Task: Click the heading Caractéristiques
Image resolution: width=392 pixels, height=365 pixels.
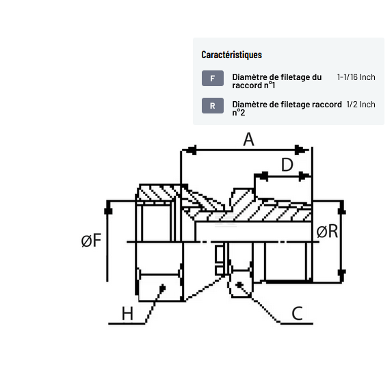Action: (231, 55)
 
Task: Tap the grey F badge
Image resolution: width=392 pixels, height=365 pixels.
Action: (213, 79)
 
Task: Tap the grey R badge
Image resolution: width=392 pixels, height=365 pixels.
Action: (213, 106)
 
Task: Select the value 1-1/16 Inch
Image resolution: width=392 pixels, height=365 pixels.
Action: (356, 77)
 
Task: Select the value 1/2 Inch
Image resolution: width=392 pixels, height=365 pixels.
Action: (361, 105)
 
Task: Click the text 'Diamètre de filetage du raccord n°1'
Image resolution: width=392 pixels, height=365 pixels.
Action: (277, 81)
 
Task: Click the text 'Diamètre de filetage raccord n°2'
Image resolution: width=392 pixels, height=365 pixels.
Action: (287, 109)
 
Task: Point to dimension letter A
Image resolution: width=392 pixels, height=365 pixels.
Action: (248, 139)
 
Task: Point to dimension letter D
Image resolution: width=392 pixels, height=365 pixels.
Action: (287, 165)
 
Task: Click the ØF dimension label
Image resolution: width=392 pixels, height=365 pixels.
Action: (91, 241)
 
